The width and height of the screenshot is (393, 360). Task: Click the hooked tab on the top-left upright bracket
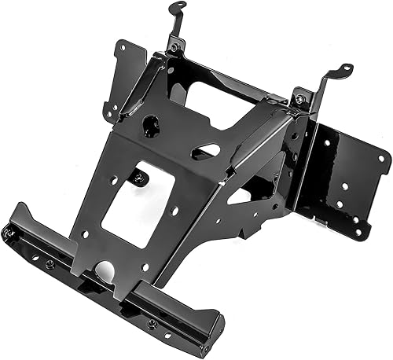(x=178, y=8)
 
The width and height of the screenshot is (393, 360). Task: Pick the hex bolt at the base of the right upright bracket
(x=299, y=99)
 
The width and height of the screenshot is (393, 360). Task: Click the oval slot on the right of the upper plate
(x=206, y=150)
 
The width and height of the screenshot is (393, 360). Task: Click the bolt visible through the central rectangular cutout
(x=139, y=177)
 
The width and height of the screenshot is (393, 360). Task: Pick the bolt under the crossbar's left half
(x=49, y=263)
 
